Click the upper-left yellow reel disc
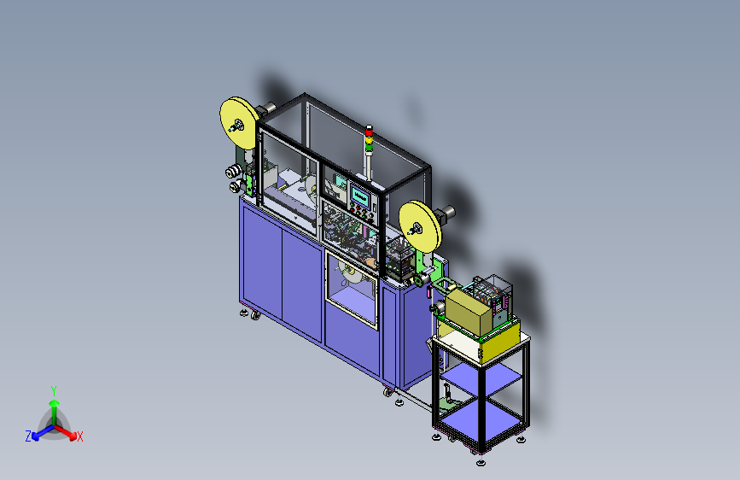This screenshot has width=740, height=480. tap(239, 123)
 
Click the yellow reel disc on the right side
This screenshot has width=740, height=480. tap(420, 225)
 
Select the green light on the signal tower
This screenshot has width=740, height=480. tap(369, 148)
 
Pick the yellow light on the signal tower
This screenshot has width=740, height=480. tap(369, 139)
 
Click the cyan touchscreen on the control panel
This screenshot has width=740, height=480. tap(360, 196)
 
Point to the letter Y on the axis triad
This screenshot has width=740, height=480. tap(53, 391)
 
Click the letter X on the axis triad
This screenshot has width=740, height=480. tap(80, 436)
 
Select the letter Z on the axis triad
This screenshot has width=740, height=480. tap(28, 436)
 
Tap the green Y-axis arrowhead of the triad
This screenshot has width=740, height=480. tap(54, 403)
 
